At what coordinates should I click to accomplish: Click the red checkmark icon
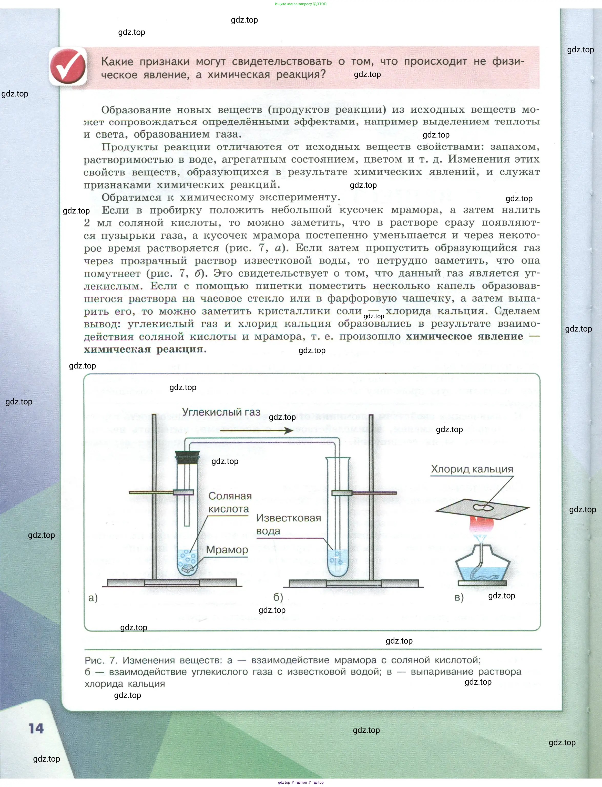tap(68, 67)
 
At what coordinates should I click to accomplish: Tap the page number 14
tap(36, 728)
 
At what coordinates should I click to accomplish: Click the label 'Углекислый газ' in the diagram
tap(221, 412)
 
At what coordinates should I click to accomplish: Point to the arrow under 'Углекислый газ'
tap(256, 430)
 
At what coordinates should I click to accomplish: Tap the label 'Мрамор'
tap(227, 550)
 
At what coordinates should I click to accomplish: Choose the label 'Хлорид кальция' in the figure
tap(472, 469)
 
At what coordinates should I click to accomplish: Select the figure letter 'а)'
tap(93, 597)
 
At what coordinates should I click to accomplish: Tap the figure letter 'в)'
tap(459, 597)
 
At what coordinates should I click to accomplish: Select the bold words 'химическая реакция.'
tap(145, 349)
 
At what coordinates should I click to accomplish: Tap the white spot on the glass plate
tap(482, 507)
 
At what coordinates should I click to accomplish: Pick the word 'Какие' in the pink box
tap(117, 62)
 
